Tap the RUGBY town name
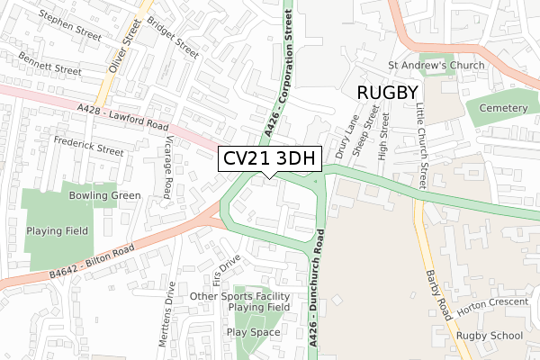tap(387, 93)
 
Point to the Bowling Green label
tap(104, 195)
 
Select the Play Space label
tap(254, 332)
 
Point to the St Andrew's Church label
tap(436, 65)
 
